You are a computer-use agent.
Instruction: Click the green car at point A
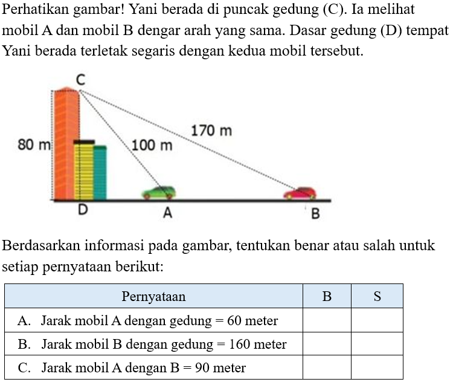159,192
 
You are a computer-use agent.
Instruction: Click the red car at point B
300,193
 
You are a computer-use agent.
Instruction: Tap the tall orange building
66,145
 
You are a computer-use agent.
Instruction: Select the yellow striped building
83,170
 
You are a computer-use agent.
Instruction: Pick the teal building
100,173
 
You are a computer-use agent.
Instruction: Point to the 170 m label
211,131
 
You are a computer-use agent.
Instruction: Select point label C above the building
80,79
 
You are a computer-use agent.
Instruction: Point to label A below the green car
167,213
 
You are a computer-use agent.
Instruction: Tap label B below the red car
315,214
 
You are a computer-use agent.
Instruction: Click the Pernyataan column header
153,297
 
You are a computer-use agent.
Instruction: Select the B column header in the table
327,297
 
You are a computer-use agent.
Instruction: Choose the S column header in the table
377,297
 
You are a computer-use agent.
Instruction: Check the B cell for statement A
327,320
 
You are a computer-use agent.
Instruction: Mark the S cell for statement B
377,344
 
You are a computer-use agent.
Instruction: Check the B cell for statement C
327,367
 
